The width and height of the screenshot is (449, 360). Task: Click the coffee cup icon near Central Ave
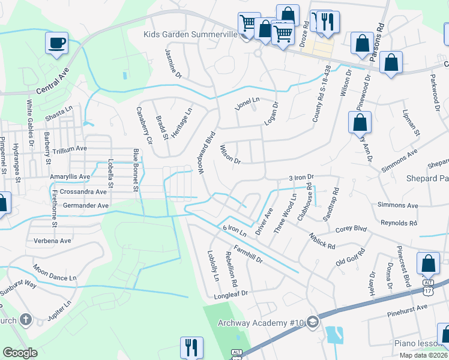point(56,43)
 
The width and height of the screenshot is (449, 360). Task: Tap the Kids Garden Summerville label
point(191,34)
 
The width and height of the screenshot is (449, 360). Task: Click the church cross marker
point(25,319)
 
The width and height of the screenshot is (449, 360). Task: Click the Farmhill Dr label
point(249,254)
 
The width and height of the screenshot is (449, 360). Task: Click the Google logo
point(20,352)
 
